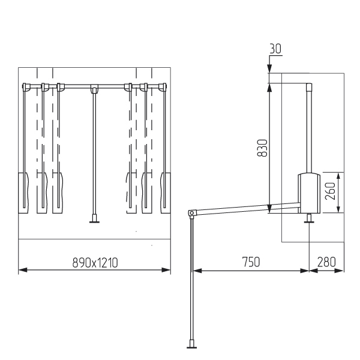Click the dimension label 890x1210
pos(95,263)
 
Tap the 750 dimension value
pos(251,262)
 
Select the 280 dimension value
pos(326,262)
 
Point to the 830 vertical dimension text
pos(262,148)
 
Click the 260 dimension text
pos(331,191)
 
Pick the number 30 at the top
pos(275,49)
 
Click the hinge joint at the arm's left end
pos(191,213)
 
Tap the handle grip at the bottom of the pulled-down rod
pos(191,344)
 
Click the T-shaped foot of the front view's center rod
pos(94,218)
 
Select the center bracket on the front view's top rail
pos(94,88)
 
